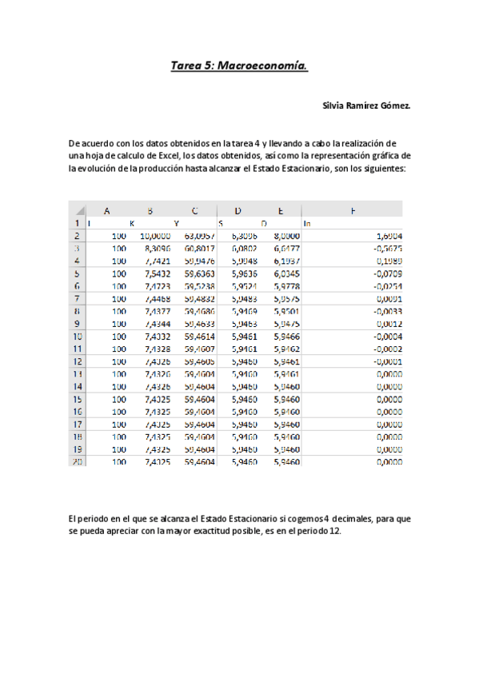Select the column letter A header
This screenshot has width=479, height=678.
click(x=106, y=210)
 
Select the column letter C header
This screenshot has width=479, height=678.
click(x=194, y=210)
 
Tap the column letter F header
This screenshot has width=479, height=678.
click(x=352, y=210)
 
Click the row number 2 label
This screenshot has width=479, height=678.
click(x=77, y=236)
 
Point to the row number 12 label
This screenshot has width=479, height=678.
click(x=77, y=361)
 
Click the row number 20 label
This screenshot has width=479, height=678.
click(x=77, y=461)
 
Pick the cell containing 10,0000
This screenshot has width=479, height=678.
click(x=155, y=236)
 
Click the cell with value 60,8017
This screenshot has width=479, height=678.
click(x=199, y=249)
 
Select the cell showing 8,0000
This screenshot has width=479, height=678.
click(x=285, y=236)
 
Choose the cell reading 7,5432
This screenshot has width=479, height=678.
click(x=155, y=273)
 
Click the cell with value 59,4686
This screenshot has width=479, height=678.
click(x=199, y=311)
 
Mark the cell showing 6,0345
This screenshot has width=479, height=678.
click(x=285, y=273)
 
